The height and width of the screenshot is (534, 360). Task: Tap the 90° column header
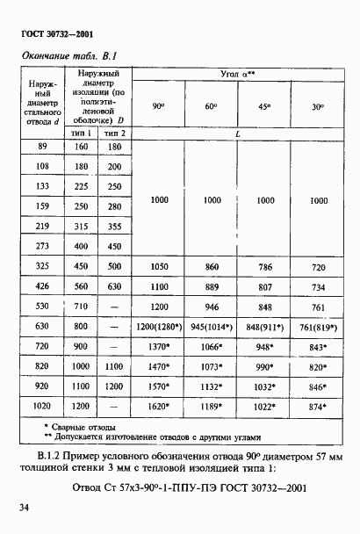pos(159,106)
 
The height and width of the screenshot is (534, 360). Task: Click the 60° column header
pos(212,106)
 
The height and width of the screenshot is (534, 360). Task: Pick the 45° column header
pos(264,106)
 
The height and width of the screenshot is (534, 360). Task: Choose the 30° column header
pos(317,106)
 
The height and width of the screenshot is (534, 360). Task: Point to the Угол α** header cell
pos(237,76)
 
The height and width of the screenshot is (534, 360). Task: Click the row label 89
pos(42,148)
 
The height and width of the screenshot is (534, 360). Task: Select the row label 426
pos(42,285)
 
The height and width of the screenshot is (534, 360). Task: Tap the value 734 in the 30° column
pos(317,285)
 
